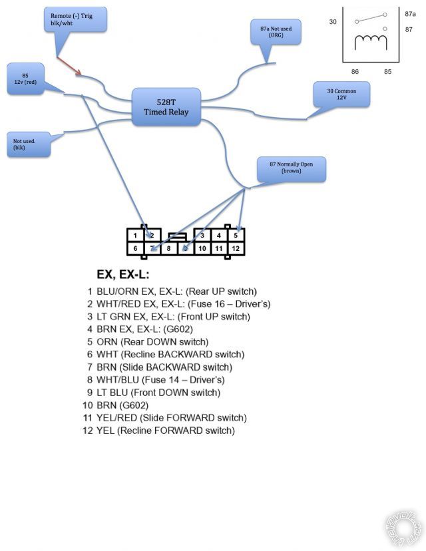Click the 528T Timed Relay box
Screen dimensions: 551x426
[x=166, y=107]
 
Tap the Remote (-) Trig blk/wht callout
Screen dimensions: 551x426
[x=74, y=19]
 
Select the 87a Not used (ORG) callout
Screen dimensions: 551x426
[x=276, y=31]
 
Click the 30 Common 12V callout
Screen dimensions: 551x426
[x=341, y=94]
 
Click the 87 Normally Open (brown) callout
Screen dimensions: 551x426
[x=292, y=169]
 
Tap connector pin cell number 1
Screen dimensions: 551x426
[x=135, y=235]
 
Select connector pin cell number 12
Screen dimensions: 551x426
[x=236, y=249]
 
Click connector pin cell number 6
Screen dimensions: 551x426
[x=135, y=249]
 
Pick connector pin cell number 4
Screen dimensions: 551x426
[x=218, y=235]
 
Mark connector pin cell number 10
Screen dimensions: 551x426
[x=202, y=249]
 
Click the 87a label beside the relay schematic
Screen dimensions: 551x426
[x=410, y=13]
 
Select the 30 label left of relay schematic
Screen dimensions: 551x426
[x=333, y=22]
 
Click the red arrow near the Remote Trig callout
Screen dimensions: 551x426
[x=69, y=65]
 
